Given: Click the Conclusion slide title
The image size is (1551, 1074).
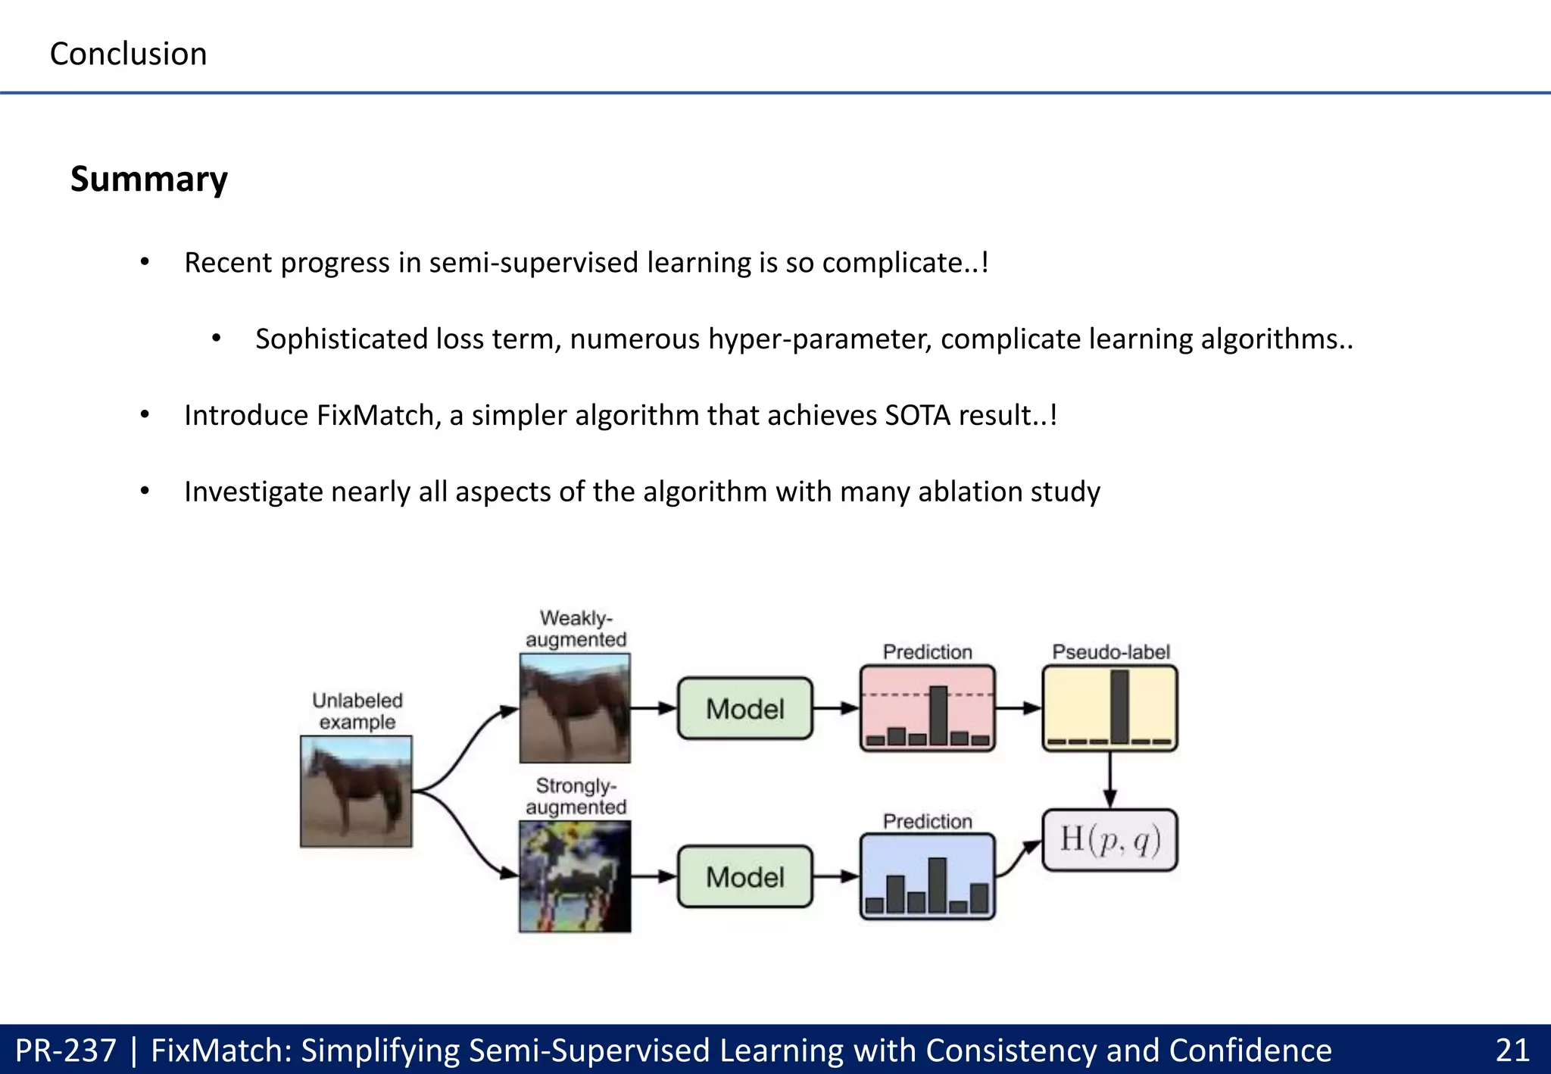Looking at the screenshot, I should tap(128, 54).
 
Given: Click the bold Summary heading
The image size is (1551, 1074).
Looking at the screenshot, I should tap(148, 180).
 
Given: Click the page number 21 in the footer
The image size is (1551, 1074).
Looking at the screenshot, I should tap(1512, 1051).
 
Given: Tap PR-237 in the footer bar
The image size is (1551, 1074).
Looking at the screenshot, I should tap(66, 1051).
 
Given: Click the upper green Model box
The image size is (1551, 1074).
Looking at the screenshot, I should tap(744, 709).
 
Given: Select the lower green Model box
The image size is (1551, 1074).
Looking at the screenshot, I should tap(744, 877).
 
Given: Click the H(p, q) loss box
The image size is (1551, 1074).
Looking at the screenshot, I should tap(1109, 840).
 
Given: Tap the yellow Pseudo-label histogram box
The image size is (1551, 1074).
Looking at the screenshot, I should tap(1109, 708).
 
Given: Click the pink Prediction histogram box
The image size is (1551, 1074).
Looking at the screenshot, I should tap(927, 708).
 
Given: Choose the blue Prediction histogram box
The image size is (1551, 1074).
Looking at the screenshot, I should tap(927, 876).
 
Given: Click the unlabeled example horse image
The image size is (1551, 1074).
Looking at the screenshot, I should tap(356, 791).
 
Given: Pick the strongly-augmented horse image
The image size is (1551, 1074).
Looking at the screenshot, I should tap(575, 876).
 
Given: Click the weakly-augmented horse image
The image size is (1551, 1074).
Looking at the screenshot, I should tap(575, 708).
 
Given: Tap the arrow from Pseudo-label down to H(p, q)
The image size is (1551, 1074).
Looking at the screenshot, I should tap(1109, 780).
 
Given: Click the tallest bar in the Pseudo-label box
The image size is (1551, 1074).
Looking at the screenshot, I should tap(1119, 706).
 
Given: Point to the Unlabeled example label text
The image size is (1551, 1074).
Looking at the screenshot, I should tap(357, 710).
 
